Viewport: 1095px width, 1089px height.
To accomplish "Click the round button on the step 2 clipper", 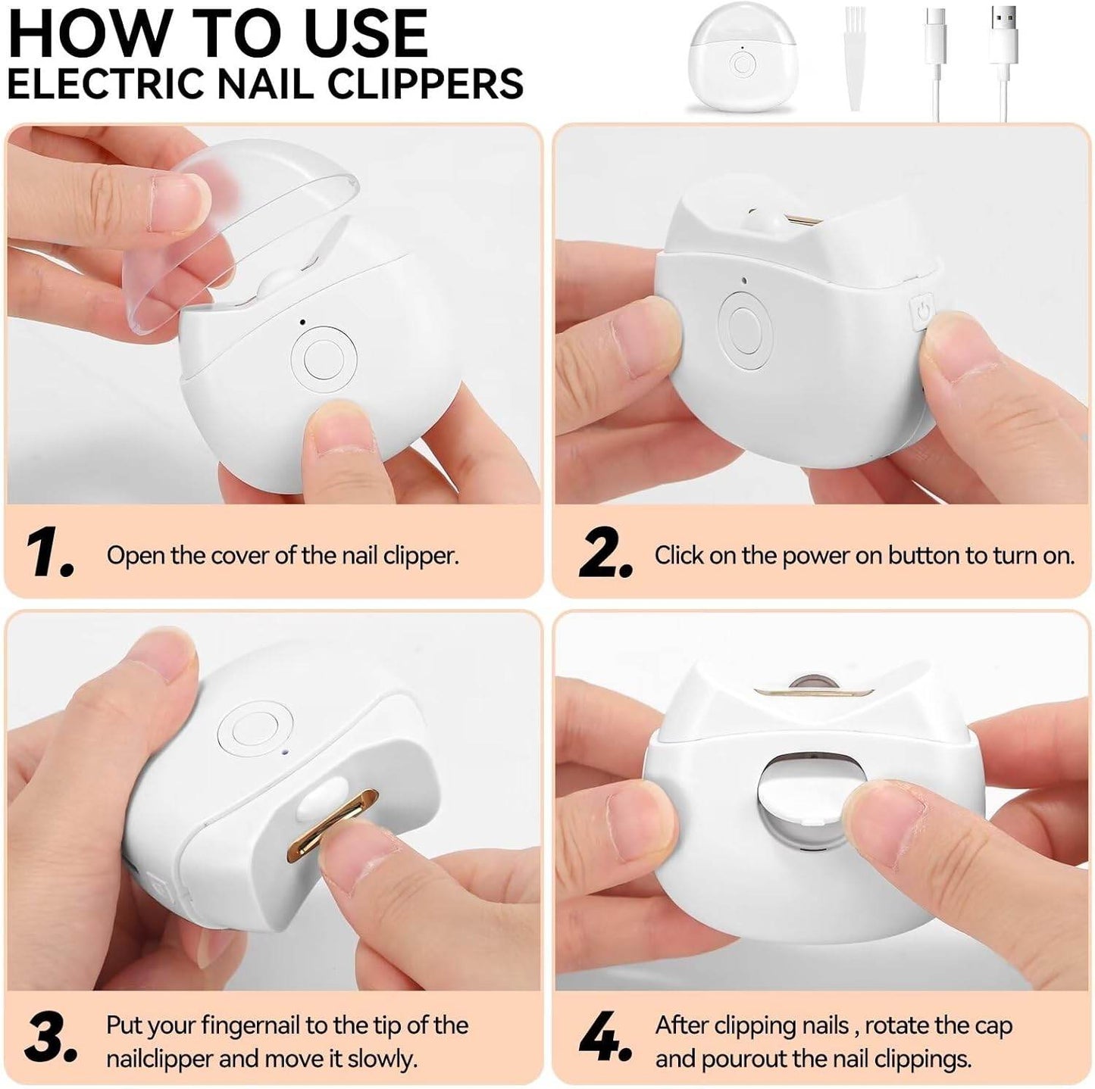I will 744,331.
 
